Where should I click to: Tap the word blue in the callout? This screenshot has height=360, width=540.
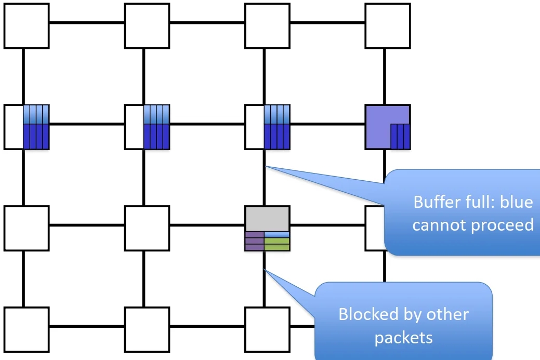point(517,202)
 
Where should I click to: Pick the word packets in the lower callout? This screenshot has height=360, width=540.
point(403,338)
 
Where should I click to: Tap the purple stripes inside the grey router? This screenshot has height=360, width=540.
point(254,241)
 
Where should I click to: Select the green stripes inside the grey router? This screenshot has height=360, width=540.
point(276,245)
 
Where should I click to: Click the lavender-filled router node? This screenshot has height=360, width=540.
point(379,119)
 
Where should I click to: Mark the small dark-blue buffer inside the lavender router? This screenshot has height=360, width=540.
point(400,136)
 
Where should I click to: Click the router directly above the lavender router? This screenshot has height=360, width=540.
point(388,25)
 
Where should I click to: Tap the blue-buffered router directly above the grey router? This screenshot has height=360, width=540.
point(267,127)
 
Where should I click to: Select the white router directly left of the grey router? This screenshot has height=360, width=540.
point(147,228)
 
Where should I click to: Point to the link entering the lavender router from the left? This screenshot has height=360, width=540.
point(327,124)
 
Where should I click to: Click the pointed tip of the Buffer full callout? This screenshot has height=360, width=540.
point(266,166)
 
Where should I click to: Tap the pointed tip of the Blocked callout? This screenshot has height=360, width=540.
point(266,269)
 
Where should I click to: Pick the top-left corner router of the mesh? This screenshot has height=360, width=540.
point(27,25)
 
